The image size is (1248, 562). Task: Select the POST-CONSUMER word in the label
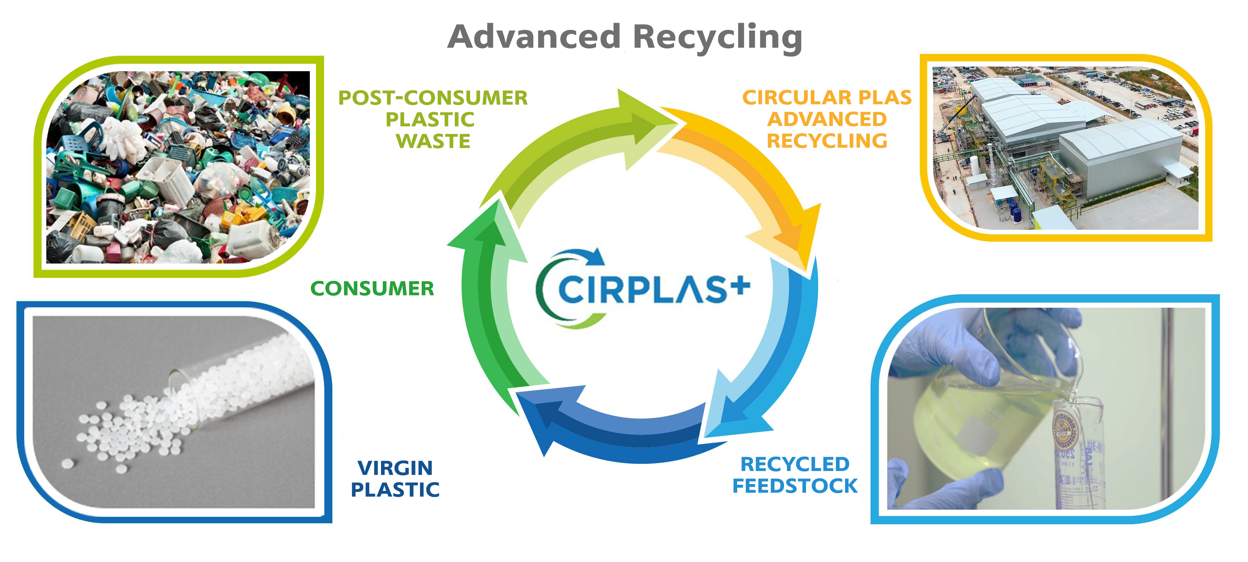click(x=433, y=98)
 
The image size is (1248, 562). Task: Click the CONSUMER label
click(x=372, y=289)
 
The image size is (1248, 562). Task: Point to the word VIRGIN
click(x=395, y=468)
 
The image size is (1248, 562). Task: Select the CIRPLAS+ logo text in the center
click(x=642, y=290)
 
